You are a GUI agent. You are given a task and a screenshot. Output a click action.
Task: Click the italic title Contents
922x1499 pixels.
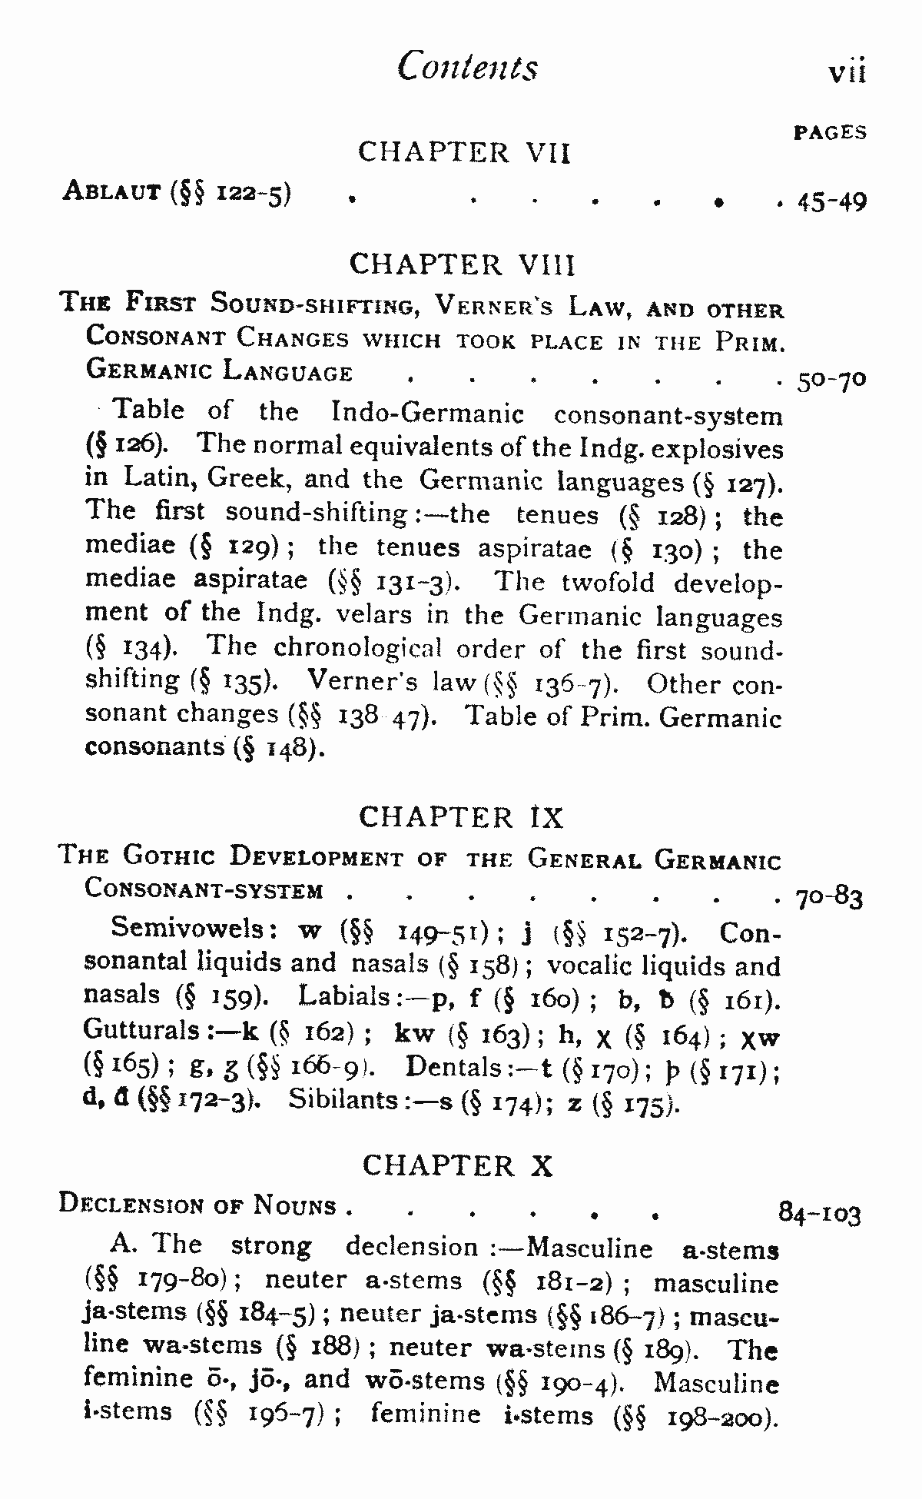(x=467, y=67)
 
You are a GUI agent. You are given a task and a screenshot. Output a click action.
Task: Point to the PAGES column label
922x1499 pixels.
(x=830, y=132)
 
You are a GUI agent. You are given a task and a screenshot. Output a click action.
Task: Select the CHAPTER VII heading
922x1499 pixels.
(x=464, y=152)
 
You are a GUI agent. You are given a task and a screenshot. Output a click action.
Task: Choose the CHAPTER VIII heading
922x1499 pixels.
(x=463, y=264)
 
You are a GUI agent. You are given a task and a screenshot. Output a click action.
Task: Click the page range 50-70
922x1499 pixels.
(x=831, y=380)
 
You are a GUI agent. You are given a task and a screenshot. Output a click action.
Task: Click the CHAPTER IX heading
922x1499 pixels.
(x=461, y=816)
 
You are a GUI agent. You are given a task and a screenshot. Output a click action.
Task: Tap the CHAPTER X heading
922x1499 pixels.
(x=458, y=1165)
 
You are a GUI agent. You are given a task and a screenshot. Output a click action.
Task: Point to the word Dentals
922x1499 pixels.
(x=453, y=1066)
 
